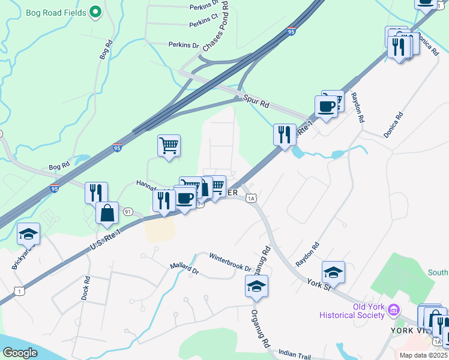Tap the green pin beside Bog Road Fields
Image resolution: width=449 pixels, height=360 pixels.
(x=95, y=11)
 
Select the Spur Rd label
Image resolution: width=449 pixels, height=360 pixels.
(x=256, y=101)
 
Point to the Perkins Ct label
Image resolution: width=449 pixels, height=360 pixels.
(x=203, y=25)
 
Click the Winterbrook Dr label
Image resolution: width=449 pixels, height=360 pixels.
(x=230, y=262)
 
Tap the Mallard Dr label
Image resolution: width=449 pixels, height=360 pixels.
(x=184, y=268)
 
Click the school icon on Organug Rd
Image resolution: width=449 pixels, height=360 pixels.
(x=256, y=286)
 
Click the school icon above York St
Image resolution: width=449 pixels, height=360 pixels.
(x=333, y=272)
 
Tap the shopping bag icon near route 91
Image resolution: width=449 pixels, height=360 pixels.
(x=107, y=213)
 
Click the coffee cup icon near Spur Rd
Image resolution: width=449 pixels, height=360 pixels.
(x=326, y=107)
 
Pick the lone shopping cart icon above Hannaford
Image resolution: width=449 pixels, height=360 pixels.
(x=169, y=145)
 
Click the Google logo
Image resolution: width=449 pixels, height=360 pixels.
(x=20, y=353)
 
